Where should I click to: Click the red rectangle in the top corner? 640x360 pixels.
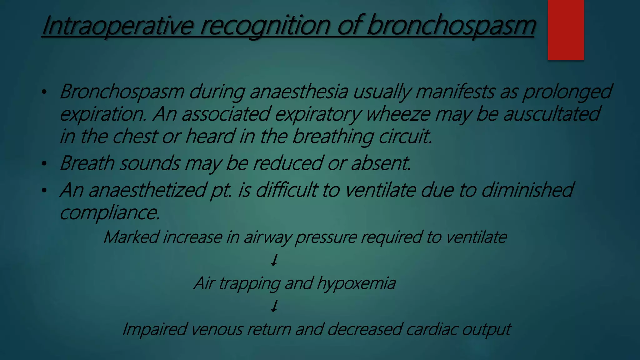point(566,30)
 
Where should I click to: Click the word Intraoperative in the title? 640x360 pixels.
point(117,26)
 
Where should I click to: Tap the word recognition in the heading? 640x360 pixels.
point(265,26)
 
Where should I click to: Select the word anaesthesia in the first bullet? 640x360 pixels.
point(299,92)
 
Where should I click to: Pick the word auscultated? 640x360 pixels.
point(552,114)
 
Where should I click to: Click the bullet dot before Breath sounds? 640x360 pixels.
point(44,163)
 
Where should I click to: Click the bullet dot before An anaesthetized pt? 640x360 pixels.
point(44,190)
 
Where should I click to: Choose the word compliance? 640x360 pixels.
point(110,213)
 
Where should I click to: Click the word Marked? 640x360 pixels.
point(131,237)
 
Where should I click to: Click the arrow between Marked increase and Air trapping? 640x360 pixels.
point(274,260)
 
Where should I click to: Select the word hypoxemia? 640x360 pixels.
point(356,283)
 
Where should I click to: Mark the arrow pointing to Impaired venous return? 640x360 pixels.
point(274,306)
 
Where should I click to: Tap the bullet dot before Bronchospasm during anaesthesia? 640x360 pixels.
point(44,92)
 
